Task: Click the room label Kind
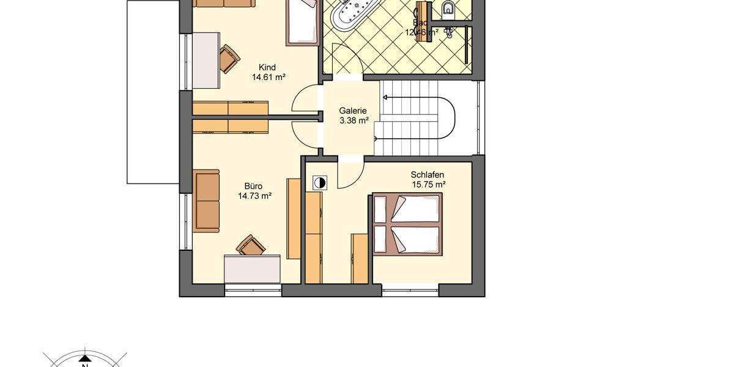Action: [268, 67]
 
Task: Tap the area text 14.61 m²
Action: [269, 78]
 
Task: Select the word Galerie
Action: [354, 111]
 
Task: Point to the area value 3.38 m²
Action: [354, 121]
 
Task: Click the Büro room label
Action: [253, 186]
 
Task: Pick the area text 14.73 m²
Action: [254, 196]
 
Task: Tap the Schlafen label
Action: [427, 174]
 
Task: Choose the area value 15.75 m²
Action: [428, 184]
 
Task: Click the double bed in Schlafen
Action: [407, 224]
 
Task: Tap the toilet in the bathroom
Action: [448, 9]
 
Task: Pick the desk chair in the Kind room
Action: [229, 57]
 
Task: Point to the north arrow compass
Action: [84, 359]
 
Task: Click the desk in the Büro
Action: [253, 269]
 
